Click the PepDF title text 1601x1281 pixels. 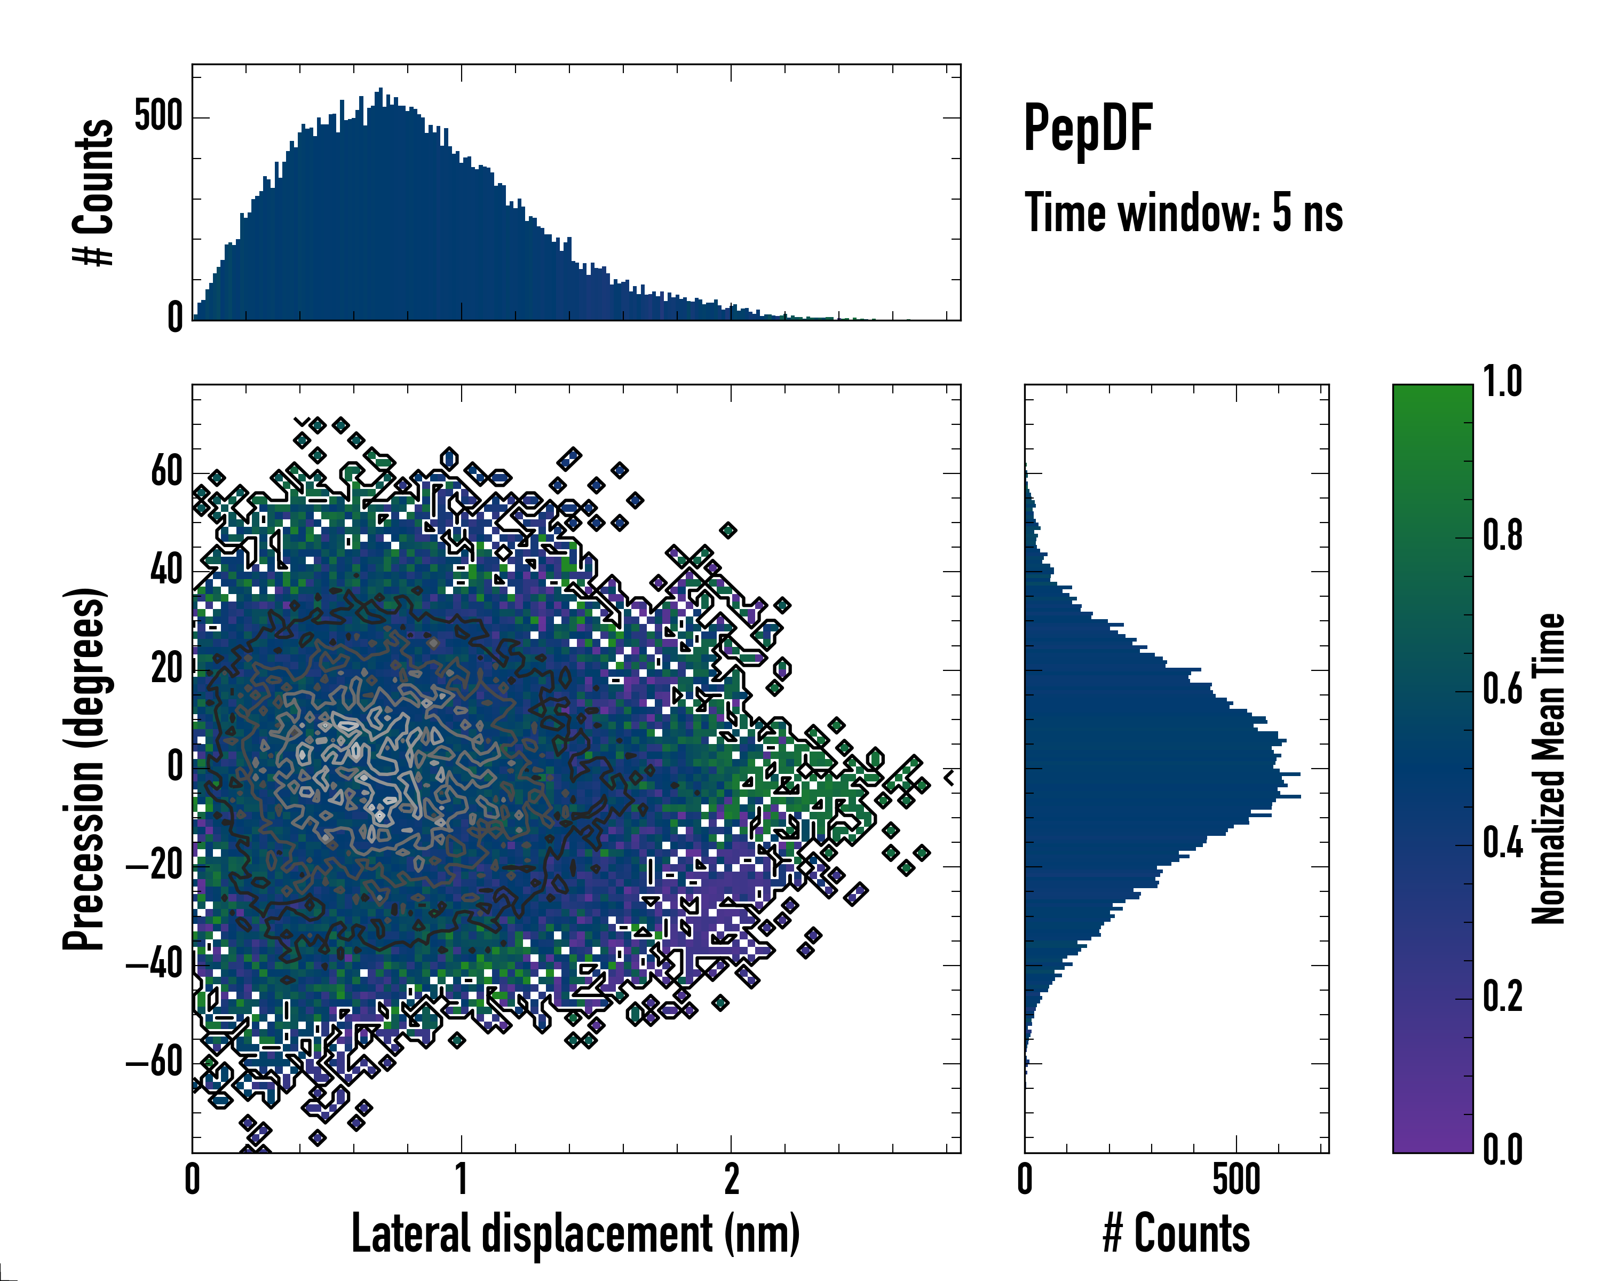pyautogui.click(x=1088, y=129)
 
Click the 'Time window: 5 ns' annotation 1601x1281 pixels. pyautogui.click(x=1184, y=213)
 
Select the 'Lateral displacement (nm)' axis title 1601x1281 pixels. pyautogui.click(x=575, y=1233)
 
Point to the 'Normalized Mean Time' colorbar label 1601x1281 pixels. pyautogui.click(x=1548, y=769)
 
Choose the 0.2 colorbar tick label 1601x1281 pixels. pyautogui.click(x=1502, y=997)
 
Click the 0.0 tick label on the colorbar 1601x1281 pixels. pyautogui.click(x=1502, y=1150)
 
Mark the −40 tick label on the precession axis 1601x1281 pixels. pyautogui.click(x=154, y=964)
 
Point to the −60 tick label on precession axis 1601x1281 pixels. pyautogui.click(x=154, y=1063)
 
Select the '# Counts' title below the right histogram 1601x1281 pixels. pyautogui.click(x=1176, y=1233)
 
